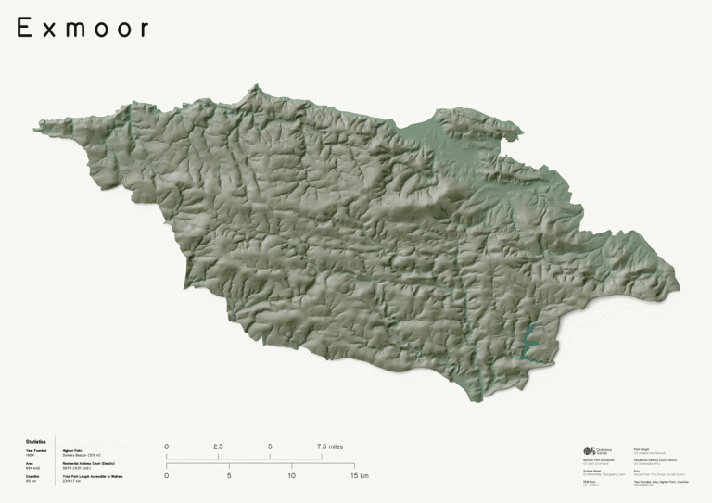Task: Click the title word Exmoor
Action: (83, 29)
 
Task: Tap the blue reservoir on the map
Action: (530, 344)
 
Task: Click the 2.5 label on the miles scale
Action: (218, 446)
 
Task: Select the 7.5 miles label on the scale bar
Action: (329, 446)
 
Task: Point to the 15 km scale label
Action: (360, 476)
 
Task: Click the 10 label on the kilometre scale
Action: (291, 476)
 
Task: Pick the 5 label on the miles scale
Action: (270, 446)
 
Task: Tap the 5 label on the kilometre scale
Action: (229, 476)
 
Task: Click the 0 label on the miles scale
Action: (167, 446)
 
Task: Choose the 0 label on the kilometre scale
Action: (167, 476)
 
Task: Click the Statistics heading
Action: (36, 442)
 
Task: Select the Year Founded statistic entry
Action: (35, 453)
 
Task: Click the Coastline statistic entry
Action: (33, 479)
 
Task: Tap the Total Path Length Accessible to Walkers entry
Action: (93, 479)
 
